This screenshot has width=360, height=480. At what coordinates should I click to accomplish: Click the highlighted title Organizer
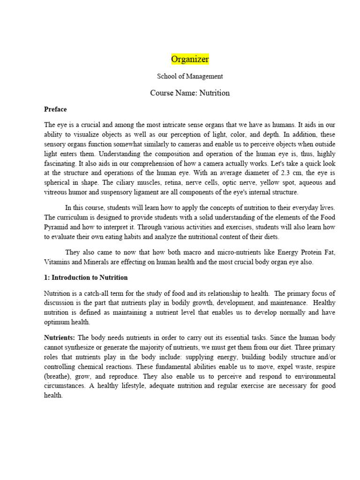click(190, 59)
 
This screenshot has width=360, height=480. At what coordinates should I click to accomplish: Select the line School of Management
click(190, 76)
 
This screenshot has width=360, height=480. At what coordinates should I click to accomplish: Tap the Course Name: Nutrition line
click(190, 93)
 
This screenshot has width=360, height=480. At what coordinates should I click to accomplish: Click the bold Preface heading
click(55, 109)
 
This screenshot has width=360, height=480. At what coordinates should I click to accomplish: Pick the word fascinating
click(60, 163)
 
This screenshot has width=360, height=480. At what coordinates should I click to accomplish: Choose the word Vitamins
click(57, 262)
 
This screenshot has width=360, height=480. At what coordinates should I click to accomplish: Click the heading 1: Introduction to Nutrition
click(86, 277)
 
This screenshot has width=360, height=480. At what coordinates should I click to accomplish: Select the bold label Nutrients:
click(60, 337)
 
